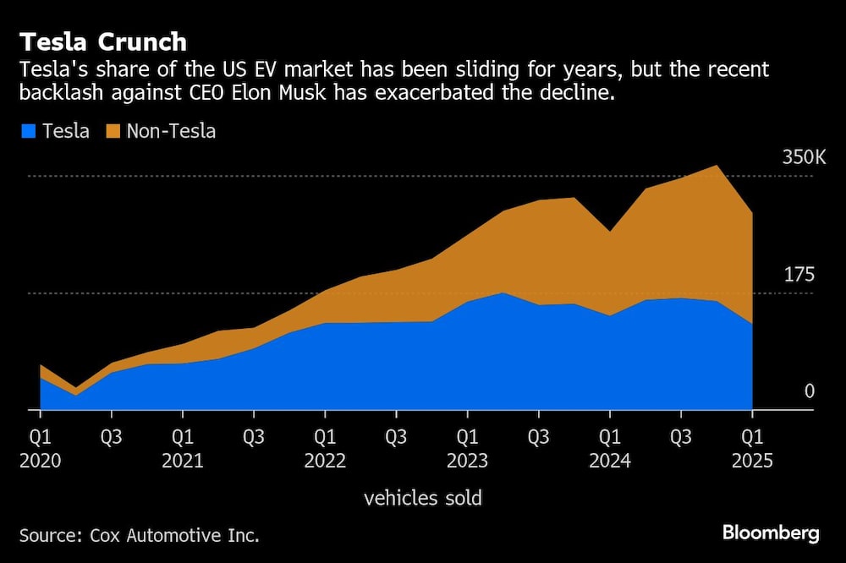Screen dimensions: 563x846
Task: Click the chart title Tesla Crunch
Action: [x=103, y=42]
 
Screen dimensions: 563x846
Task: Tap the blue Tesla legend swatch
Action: [x=28, y=131]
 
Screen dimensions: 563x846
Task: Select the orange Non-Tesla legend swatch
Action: [x=113, y=131]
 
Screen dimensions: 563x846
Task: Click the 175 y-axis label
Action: [x=799, y=275]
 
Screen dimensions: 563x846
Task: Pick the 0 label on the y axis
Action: [x=808, y=391]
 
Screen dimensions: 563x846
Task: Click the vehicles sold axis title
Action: [x=422, y=498]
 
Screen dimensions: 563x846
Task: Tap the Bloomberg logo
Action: [x=771, y=533]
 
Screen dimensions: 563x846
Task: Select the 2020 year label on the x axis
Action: [x=40, y=461]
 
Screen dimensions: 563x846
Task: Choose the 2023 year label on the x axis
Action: [x=467, y=461]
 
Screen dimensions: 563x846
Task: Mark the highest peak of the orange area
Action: [x=717, y=167]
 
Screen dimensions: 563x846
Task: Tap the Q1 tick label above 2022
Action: [x=325, y=438]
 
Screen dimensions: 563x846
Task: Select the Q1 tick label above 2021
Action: [x=183, y=438]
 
